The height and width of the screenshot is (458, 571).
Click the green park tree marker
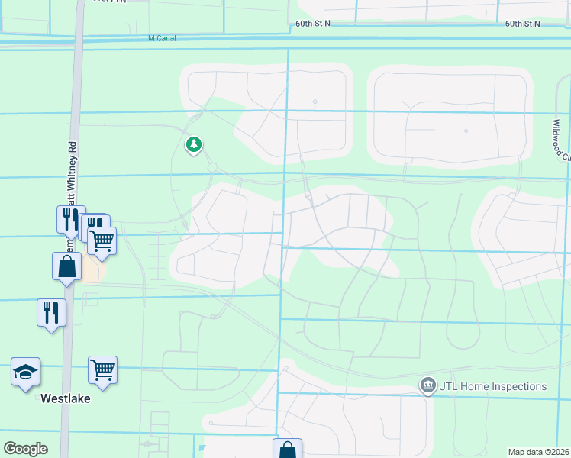(194, 144)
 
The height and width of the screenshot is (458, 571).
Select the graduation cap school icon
(26, 372)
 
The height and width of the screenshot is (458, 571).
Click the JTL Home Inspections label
(493, 386)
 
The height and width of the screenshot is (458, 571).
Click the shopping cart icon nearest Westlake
(102, 370)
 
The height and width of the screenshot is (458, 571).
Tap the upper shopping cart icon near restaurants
(102, 241)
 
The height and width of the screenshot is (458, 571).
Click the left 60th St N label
(313, 24)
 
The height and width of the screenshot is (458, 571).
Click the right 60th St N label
(522, 24)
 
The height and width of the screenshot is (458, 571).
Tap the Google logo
(25, 449)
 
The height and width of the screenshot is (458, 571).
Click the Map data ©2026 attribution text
(538, 452)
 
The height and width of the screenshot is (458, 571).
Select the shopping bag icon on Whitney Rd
(67, 267)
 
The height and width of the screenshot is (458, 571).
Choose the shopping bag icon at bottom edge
(288, 450)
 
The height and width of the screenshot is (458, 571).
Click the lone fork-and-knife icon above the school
(51, 312)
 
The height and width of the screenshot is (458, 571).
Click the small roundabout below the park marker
(212, 167)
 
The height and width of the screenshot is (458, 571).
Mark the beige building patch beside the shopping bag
(95, 269)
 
